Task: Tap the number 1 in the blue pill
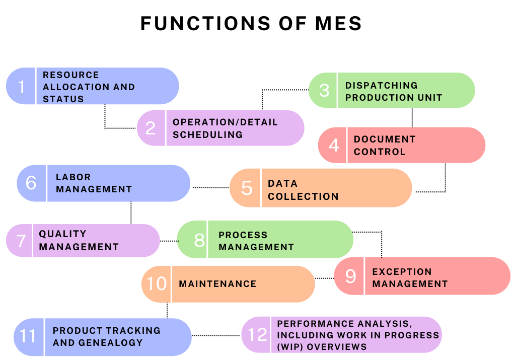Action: (21, 87)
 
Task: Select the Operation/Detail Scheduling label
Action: (225, 128)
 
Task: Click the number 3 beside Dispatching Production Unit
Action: (325, 91)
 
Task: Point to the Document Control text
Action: (385, 146)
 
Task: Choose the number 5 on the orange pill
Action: (247, 188)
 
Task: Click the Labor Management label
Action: (94, 183)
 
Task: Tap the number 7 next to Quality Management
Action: (21, 241)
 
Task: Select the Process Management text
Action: (256, 241)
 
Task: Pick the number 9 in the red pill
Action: (350, 276)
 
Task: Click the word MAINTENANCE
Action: (217, 284)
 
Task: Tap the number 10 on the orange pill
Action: (157, 284)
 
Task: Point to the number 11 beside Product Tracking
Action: (28, 336)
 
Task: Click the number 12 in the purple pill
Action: (258, 335)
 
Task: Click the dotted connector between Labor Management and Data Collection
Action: (210, 187)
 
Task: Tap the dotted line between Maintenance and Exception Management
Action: (324, 278)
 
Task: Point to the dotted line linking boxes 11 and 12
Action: (216, 335)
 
